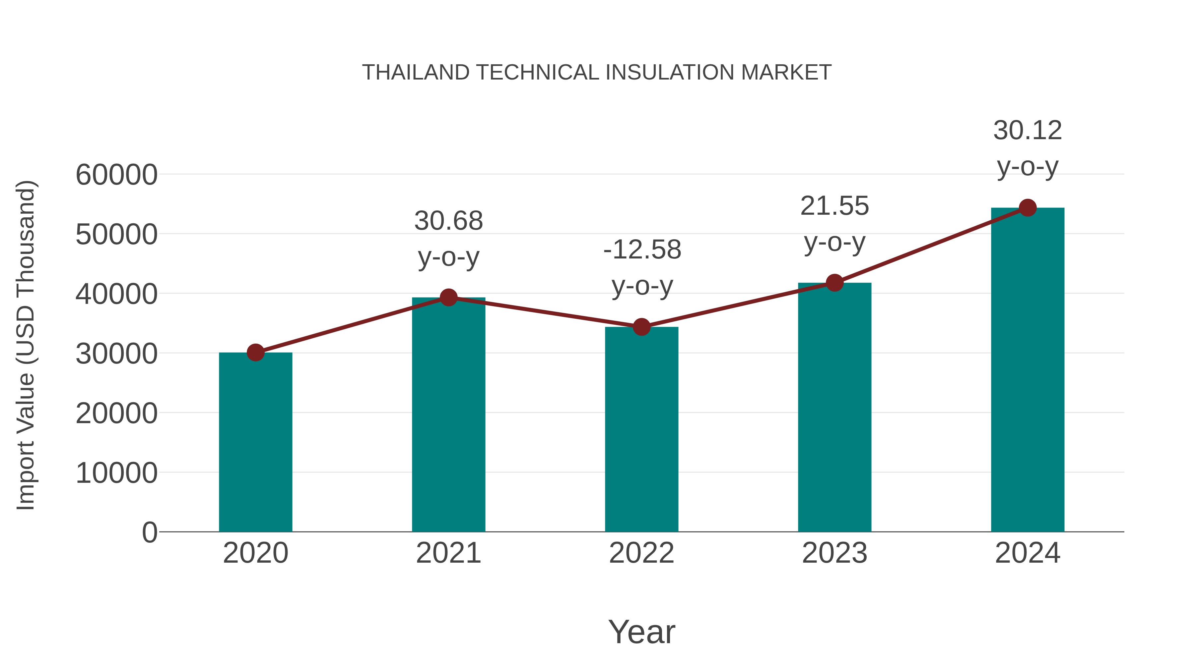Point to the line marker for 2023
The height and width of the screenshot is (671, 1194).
[x=834, y=282]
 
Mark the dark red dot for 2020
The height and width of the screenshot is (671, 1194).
[x=255, y=353]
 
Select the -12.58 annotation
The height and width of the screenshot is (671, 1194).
[x=642, y=250]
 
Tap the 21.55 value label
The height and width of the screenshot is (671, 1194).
[x=834, y=206]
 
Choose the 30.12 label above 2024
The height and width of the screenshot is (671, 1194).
[x=1028, y=131]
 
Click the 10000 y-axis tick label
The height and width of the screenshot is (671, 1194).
[x=116, y=473]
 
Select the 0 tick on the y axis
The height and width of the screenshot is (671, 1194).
[x=150, y=532]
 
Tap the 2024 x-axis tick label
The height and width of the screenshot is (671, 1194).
[x=1028, y=553]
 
